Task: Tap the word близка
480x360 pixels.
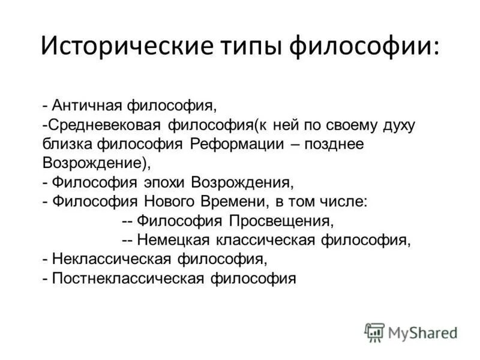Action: tap(64, 144)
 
